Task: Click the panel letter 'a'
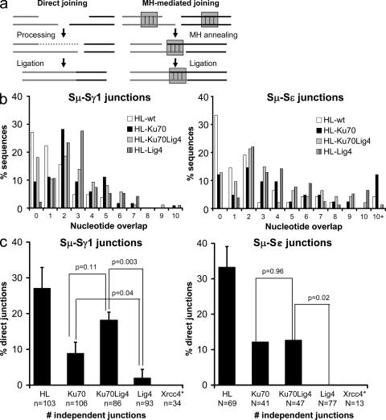tap(5, 6)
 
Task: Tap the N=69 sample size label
tap(228, 401)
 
